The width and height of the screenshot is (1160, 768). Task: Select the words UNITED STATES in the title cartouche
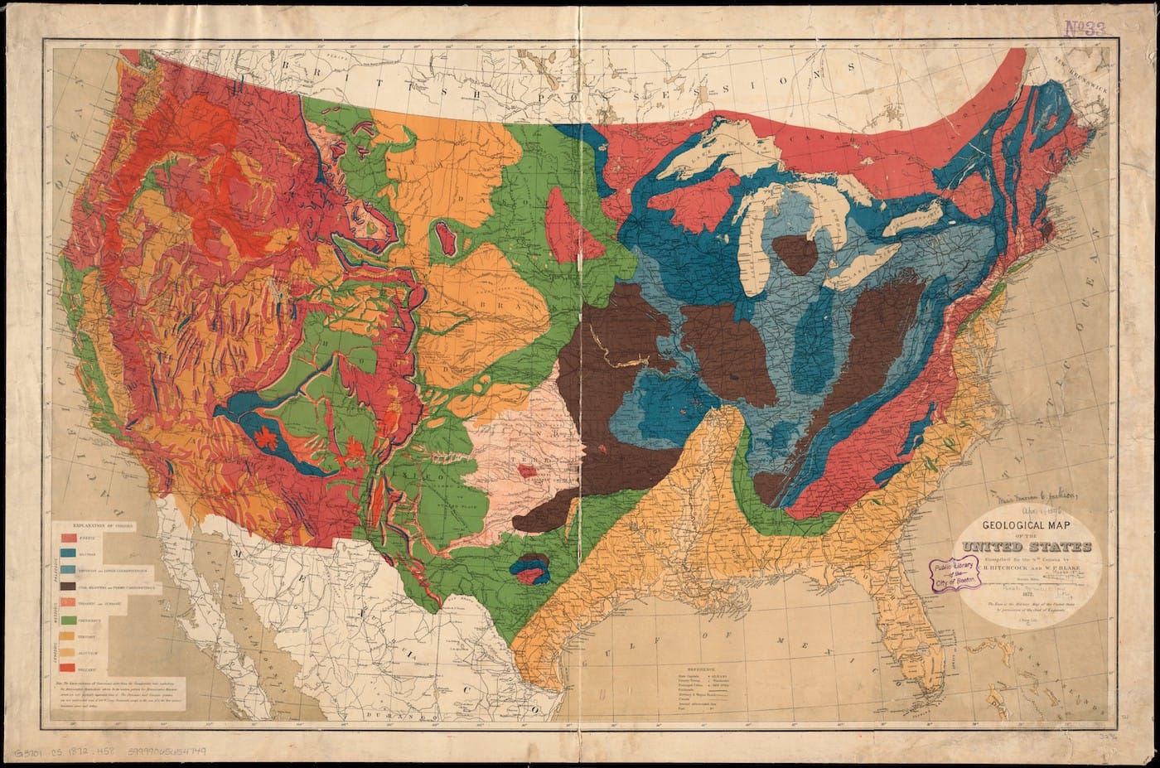(1027, 546)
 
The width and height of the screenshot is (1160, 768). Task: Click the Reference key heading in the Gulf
(704, 668)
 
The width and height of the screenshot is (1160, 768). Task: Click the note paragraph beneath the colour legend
(120, 693)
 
